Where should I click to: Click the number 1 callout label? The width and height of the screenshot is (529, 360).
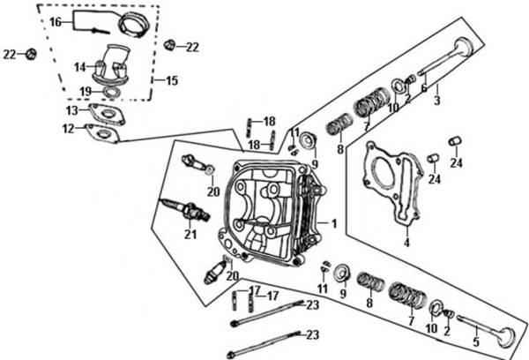[334, 222]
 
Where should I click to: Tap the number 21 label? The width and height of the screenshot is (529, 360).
[190, 235]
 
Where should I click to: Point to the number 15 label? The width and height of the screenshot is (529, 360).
[172, 80]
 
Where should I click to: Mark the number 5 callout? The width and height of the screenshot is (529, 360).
[477, 341]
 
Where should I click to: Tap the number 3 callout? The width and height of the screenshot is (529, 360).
[436, 101]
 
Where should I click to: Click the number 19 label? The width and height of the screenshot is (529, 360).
[86, 90]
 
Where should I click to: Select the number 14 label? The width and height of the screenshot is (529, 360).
[78, 66]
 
